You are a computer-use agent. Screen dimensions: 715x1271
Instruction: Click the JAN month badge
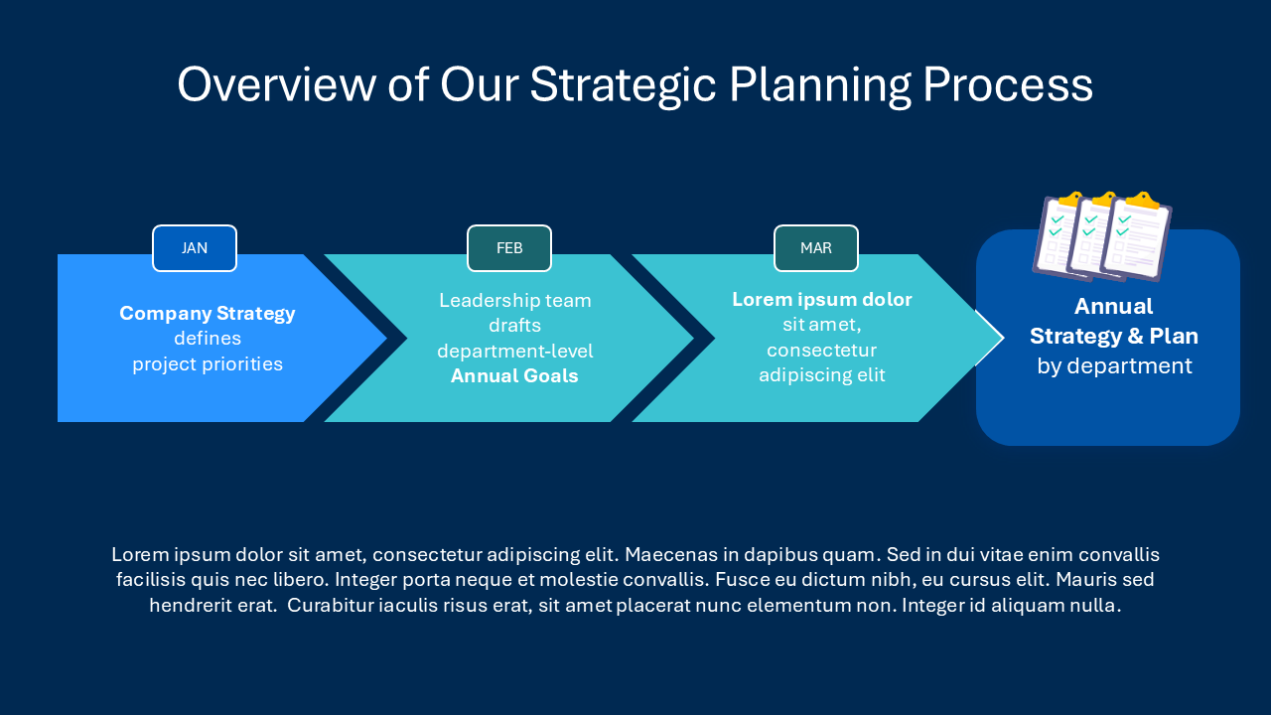tap(195, 248)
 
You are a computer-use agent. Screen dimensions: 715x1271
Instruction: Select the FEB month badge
tap(509, 248)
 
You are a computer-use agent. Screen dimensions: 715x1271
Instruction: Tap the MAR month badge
tap(816, 248)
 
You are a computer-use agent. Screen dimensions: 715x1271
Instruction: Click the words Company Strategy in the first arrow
tap(208, 314)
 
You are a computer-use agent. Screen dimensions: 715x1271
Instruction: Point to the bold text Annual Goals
tap(514, 376)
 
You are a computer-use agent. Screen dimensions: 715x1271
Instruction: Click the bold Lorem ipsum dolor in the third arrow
tap(822, 300)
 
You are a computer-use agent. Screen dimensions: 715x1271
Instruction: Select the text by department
tap(1114, 366)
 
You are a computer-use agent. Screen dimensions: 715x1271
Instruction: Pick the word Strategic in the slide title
tap(623, 85)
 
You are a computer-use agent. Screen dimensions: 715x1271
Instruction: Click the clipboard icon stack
tap(1102, 236)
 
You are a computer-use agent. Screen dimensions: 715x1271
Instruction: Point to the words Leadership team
tap(515, 301)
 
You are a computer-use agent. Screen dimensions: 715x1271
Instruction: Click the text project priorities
tap(208, 364)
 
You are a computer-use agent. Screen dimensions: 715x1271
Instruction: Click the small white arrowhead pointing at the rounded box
tap(990, 338)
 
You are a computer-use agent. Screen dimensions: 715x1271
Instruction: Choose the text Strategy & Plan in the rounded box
tap(1114, 337)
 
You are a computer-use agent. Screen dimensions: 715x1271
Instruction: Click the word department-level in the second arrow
tap(515, 352)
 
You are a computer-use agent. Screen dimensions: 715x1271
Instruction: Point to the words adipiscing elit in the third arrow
tap(822, 375)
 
